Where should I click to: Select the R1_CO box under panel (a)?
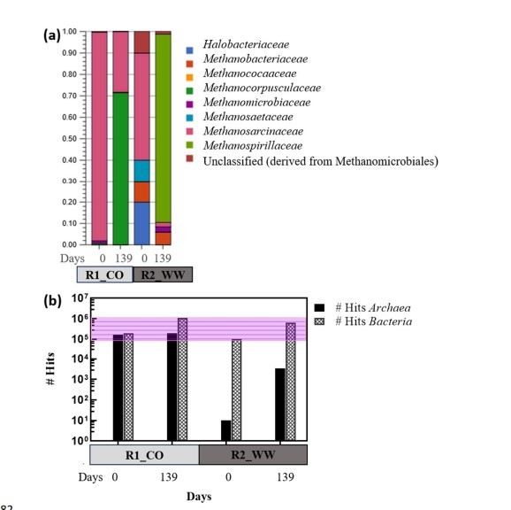point(104,274)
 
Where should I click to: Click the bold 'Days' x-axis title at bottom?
point(199,497)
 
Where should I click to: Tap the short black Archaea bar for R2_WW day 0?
point(225,429)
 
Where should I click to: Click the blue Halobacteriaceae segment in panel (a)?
point(142,222)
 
